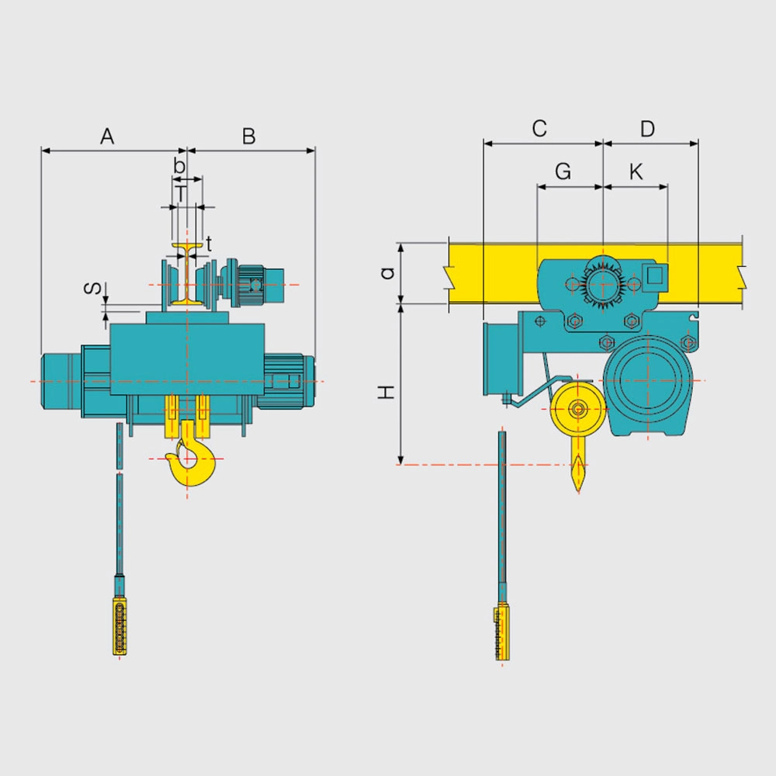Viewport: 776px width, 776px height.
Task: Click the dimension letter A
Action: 107,137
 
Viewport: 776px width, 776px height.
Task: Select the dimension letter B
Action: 248,137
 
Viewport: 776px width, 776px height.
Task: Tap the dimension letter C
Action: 539,128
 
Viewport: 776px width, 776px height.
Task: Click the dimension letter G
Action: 564,171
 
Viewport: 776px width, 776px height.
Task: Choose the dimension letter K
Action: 636,171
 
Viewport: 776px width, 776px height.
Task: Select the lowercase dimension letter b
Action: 179,165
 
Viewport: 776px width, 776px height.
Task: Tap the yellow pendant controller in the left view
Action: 119,627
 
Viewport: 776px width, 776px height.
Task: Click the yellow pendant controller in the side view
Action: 501,633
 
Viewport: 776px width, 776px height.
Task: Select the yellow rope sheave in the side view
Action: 577,409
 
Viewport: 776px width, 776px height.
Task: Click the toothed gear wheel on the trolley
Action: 602,283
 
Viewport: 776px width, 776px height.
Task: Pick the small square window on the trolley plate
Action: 653,274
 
